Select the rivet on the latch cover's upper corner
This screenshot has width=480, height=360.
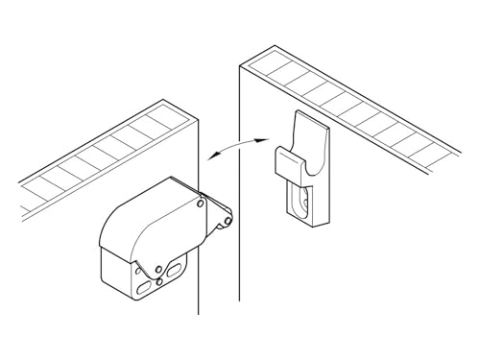coord(200,204)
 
